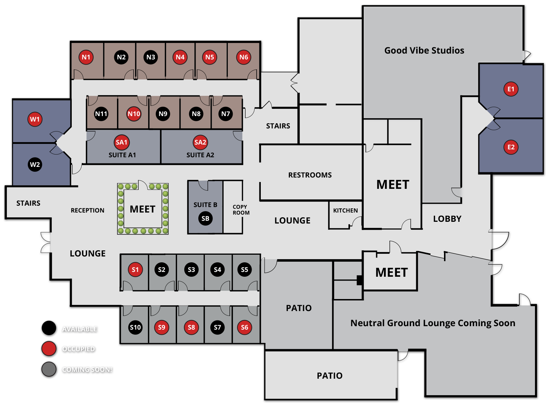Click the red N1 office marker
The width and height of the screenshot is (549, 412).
coord(86,57)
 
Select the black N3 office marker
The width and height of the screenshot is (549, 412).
coord(151,57)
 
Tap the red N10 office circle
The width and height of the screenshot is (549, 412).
coord(134,114)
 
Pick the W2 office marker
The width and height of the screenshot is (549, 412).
coord(35,164)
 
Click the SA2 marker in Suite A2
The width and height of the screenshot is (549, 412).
coord(200,142)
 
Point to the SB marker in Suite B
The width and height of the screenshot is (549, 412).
coord(205,218)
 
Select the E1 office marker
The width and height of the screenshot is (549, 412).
coord(511,89)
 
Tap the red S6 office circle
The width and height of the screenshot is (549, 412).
coord(244,327)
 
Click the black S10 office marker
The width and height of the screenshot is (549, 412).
coord(135,327)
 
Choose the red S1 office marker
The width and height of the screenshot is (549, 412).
coord(135,270)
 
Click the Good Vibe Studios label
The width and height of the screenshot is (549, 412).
coord(424,50)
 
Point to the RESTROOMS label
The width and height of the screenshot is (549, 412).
coord(310,175)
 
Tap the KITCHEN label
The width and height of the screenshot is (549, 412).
coord(345,210)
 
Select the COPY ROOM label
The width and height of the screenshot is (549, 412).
coord(241,210)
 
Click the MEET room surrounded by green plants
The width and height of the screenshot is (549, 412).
coord(142,209)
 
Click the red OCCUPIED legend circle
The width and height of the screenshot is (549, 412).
coord(49,348)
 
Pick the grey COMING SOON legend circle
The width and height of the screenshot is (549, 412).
coord(49,369)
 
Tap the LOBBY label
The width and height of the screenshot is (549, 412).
coord(447,219)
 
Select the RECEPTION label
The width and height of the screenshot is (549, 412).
coord(87,210)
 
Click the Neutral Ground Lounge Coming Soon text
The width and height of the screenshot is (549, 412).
coord(433,323)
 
